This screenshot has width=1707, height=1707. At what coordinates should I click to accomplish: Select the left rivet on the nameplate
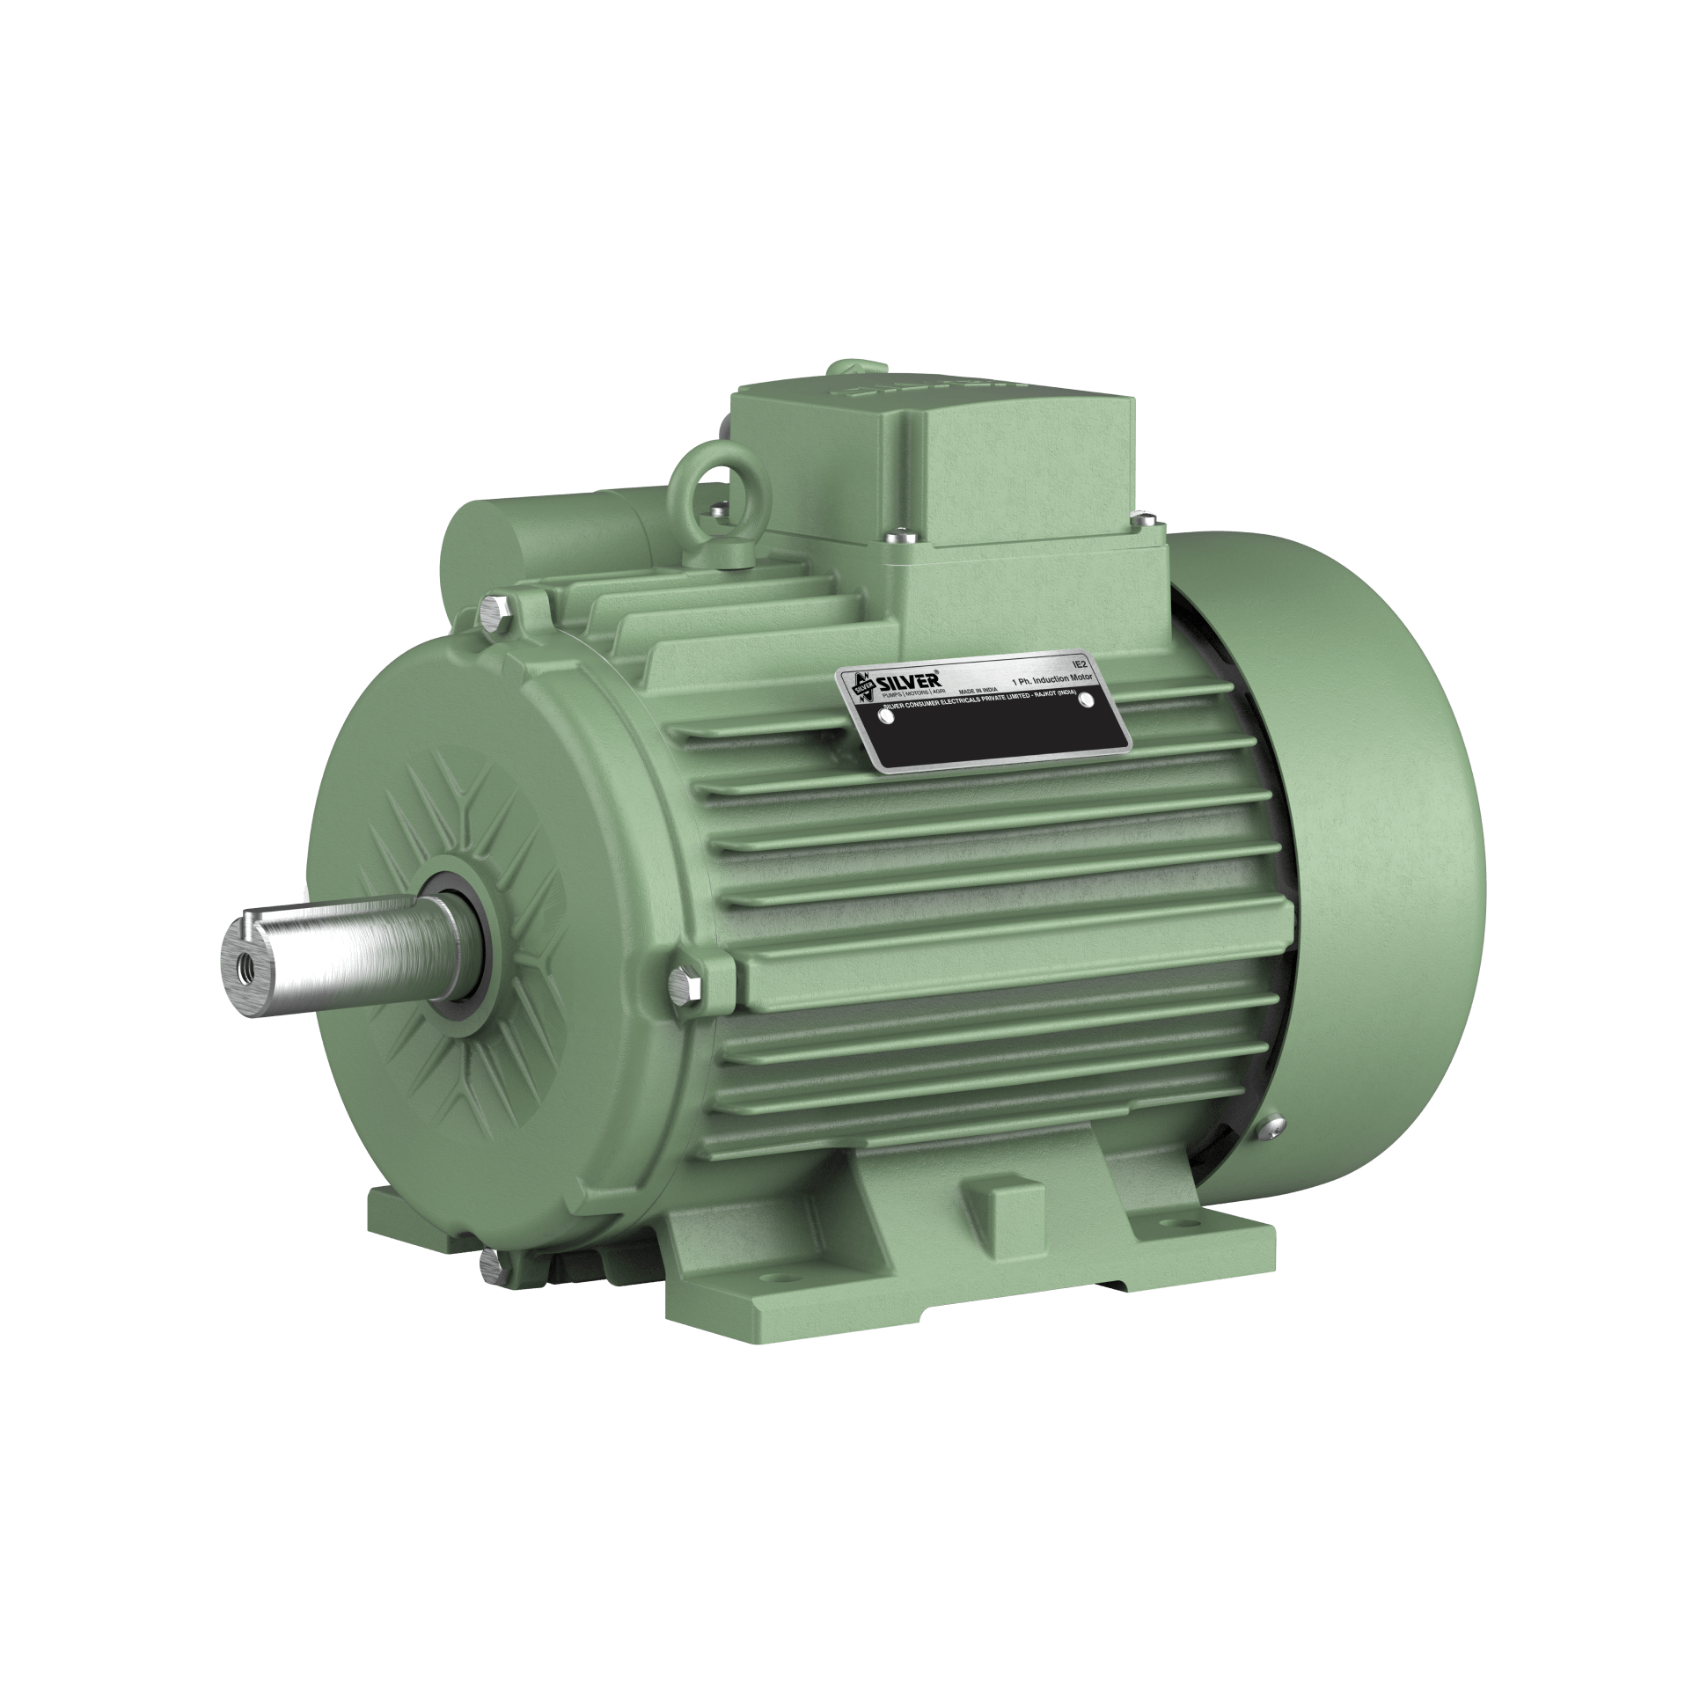tap(884, 717)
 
